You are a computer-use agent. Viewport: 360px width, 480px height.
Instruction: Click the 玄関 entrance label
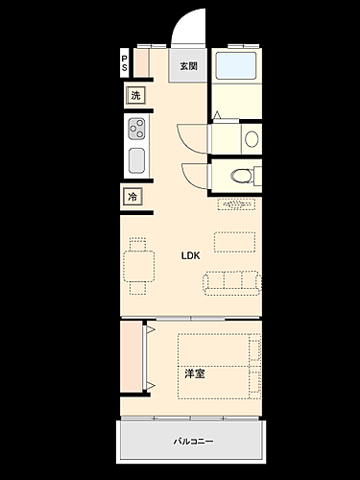pyautogui.click(x=188, y=66)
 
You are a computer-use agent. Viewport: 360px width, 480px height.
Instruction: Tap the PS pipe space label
pyautogui.click(x=124, y=63)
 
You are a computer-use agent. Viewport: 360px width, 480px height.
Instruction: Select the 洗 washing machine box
pyautogui.click(x=135, y=95)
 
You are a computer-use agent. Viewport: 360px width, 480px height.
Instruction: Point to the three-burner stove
pyautogui.click(x=136, y=128)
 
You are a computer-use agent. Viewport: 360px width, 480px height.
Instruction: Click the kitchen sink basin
pyautogui.click(x=136, y=159)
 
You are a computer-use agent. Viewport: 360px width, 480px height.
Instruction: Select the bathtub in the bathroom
pyautogui.click(x=236, y=66)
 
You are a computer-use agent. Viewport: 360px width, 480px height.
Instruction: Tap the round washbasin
pyautogui.click(x=251, y=138)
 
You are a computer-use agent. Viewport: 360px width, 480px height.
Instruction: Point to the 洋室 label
pyautogui.click(x=194, y=372)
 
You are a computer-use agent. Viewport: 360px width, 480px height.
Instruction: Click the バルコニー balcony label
pyautogui.click(x=192, y=442)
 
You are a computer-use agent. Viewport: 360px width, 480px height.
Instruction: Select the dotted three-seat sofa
pyautogui.click(x=231, y=280)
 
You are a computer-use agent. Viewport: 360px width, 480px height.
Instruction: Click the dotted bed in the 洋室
pyautogui.click(x=219, y=363)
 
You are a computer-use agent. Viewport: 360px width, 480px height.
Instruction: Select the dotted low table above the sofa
pyautogui.click(x=235, y=240)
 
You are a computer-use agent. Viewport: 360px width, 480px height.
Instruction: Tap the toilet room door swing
pyautogui.click(x=196, y=176)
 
